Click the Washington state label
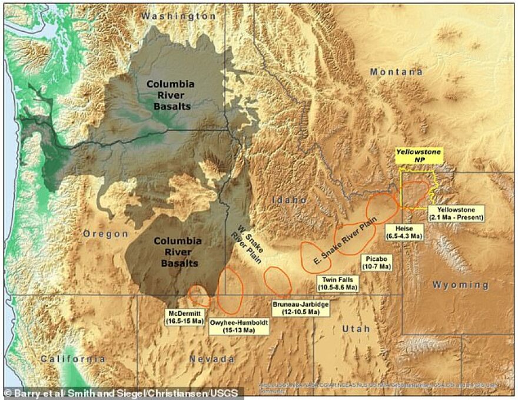click(x=178, y=16)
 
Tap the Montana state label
click(x=396, y=72)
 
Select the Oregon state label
click(x=105, y=234)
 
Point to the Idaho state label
click(x=289, y=200)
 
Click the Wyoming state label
click(x=461, y=285)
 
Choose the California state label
click(x=73, y=358)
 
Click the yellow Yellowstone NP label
click(x=418, y=156)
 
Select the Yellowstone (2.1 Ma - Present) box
click(x=456, y=213)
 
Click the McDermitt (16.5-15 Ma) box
click(x=185, y=317)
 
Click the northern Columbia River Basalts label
click(x=169, y=95)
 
